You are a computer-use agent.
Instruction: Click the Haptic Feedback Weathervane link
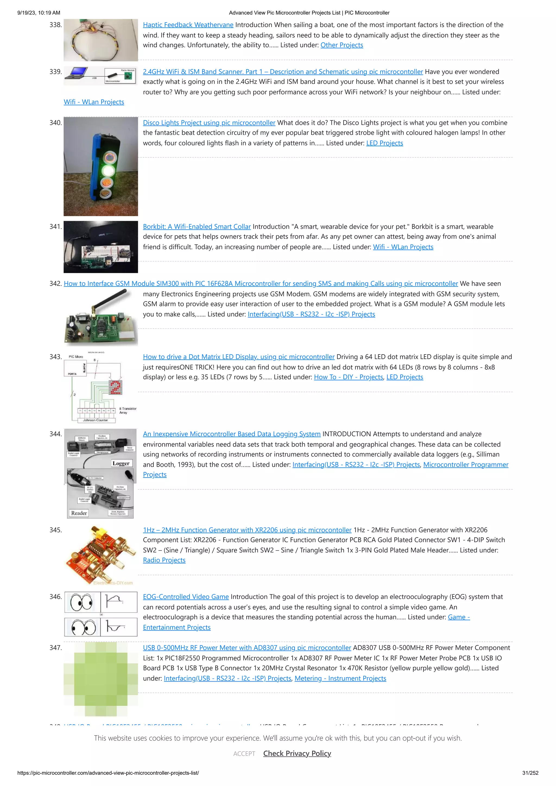[x=188, y=25]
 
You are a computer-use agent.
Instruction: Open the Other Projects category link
[x=342, y=45]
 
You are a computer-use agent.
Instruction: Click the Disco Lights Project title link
[x=209, y=123]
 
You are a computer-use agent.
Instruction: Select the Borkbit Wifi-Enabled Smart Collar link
[x=197, y=227]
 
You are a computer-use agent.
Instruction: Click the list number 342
[x=55, y=284]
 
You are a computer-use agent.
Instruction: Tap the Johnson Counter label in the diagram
[x=95, y=420]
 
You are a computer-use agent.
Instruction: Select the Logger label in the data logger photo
[x=121, y=463]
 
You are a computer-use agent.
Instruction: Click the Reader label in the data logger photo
[x=79, y=513]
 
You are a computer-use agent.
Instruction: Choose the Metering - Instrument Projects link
[x=340, y=679]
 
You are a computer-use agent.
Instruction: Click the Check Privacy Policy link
[x=297, y=753]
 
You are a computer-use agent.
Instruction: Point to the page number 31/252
[x=530, y=773]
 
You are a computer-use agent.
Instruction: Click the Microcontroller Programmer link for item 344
[x=466, y=465]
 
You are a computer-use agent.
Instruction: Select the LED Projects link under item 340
[x=384, y=143]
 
